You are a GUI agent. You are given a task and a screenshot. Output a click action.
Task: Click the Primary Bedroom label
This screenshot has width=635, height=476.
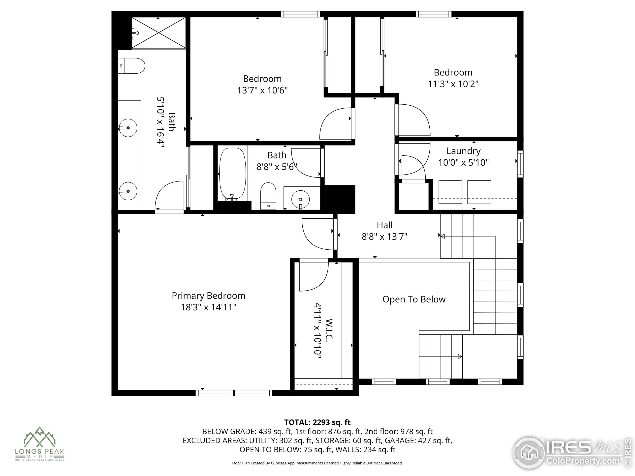tap(208, 296)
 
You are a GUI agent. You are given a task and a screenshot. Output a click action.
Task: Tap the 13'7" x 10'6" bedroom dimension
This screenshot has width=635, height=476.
tap(262, 90)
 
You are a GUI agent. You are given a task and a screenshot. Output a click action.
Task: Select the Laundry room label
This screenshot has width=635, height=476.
tap(463, 151)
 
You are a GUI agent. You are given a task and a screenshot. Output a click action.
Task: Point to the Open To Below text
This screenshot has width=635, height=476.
tap(414, 299)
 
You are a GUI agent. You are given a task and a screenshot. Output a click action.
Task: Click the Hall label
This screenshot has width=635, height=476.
tap(385, 225)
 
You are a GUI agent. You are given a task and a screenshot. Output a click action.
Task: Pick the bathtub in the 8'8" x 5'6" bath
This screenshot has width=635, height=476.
tap(232, 174)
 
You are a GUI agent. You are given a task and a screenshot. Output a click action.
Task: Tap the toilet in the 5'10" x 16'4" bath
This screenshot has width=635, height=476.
tap(131, 66)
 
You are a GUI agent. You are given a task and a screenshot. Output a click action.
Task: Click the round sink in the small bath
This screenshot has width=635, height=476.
tap(301, 199)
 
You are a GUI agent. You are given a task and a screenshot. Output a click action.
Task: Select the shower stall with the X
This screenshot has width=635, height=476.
tap(159, 32)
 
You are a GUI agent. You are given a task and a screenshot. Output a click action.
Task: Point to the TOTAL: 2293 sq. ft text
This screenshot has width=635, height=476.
tap(317, 422)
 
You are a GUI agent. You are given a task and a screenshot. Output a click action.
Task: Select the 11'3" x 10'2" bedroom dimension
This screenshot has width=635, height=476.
tap(453, 84)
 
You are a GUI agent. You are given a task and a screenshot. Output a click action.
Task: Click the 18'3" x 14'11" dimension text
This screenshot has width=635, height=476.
tap(208, 307)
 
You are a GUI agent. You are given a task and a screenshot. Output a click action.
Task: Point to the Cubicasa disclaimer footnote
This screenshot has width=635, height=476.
tap(317, 463)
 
